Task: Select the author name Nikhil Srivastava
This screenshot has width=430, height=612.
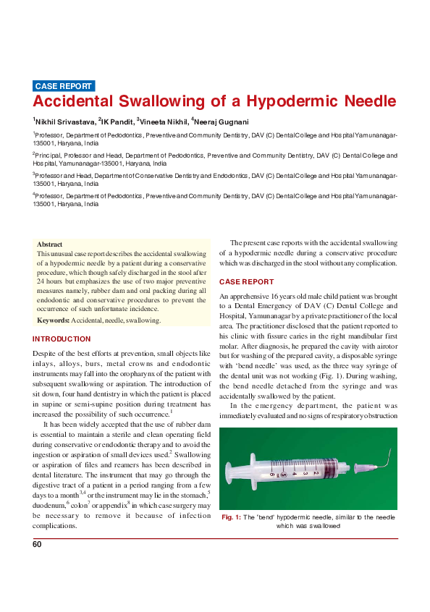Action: (x=64, y=122)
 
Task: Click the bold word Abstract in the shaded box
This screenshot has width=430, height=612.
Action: (x=49, y=245)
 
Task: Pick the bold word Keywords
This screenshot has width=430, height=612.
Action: (x=53, y=319)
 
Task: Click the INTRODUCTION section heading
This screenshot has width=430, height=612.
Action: (x=62, y=339)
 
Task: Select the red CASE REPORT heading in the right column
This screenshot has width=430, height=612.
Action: (x=246, y=281)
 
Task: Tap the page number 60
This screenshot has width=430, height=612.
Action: (x=37, y=544)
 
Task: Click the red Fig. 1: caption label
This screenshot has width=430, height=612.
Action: (x=232, y=517)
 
